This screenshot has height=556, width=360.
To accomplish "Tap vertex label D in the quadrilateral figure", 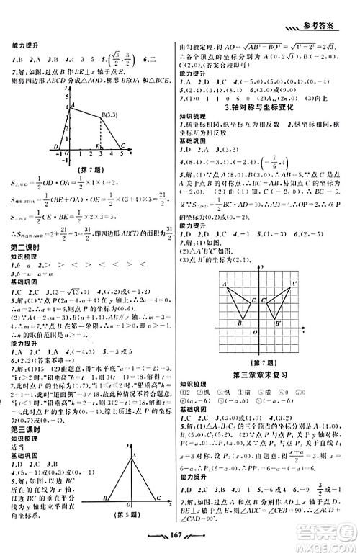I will click(57, 148).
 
